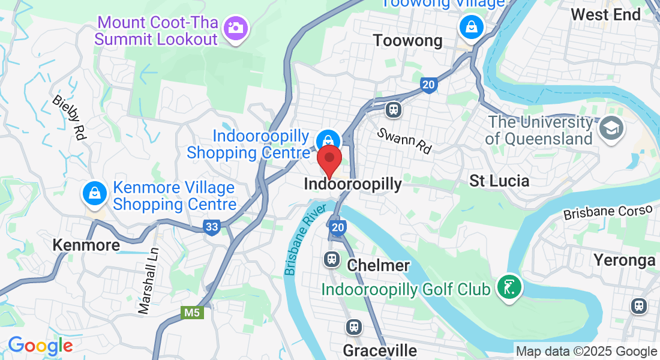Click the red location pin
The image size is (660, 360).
tap(329, 160)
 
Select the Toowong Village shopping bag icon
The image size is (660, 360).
tap(472, 26)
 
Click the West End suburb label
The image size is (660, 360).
tap(605, 14)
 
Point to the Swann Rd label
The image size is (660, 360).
tap(404, 140)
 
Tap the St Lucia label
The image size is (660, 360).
tap(499, 181)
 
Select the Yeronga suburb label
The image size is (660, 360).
tap(624, 260)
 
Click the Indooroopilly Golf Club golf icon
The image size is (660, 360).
tap(509, 289)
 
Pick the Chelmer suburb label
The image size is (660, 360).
tap(379, 265)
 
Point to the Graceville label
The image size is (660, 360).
tap(379, 350)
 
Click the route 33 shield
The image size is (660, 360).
tap(211, 227)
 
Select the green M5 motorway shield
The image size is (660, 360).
tap(191, 313)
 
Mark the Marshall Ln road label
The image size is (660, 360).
tap(148, 281)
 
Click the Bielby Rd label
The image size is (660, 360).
tap(68, 118)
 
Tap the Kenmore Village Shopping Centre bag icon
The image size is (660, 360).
tap(95, 193)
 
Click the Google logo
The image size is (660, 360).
tap(40, 346)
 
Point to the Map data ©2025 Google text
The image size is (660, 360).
tap(586, 352)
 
